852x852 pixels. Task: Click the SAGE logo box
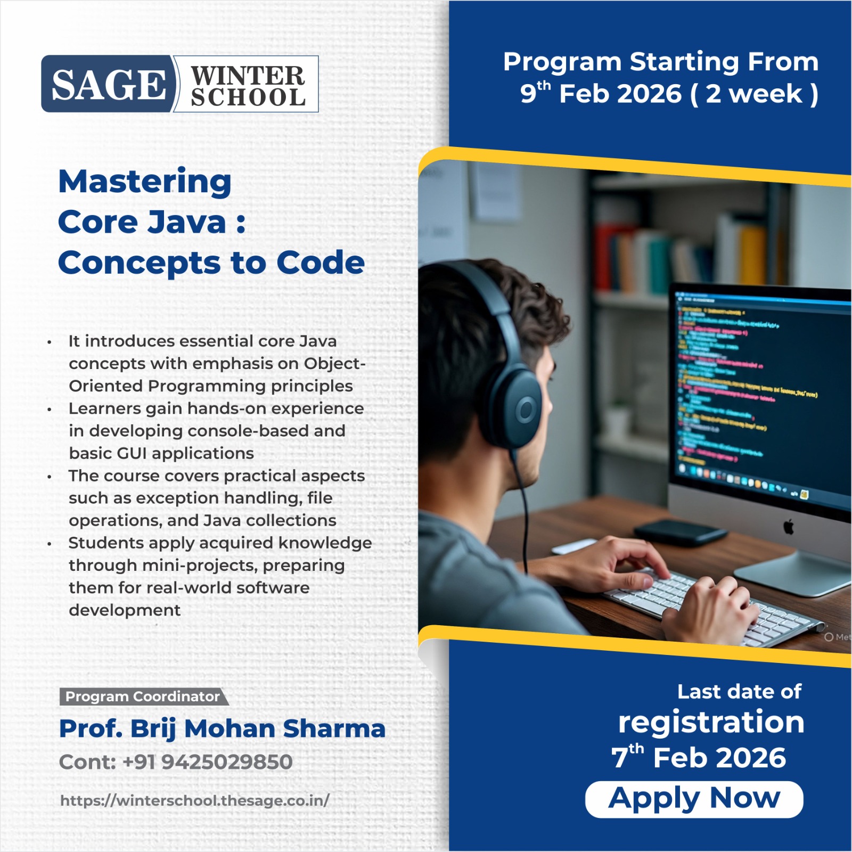pyautogui.click(x=108, y=84)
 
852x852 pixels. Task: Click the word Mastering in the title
pyautogui.click(x=145, y=182)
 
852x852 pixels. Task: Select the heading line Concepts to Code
pyautogui.click(x=211, y=263)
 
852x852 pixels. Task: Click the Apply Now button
pyautogui.click(x=694, y=799)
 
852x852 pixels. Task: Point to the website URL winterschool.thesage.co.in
pyautogui.click(x=195, y=800)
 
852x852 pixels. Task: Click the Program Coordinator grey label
pyautogui.click(x=142, y=697)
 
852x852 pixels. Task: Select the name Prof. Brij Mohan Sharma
pyautogui.click(x=222, y=728)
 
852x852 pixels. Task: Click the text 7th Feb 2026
pyautogui.click(x=698, y=758)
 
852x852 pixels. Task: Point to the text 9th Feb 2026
pyautogui.click(x=601, y=94)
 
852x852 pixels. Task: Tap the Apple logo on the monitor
pyautogui.click(x=789, y=527)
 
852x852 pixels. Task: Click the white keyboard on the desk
pyautogui.click(x=708, y=602)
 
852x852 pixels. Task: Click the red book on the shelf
pyautogui.click(x=604, y=256)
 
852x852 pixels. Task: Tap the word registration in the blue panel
pyautogui.click(x=711, y=723)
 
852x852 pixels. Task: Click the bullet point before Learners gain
pyautogui.click(x=49, y=409)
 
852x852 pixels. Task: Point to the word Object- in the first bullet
pyautogui.click(x=334, y=364)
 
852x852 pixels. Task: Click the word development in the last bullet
pyautogui.click(x=125, y=610)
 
